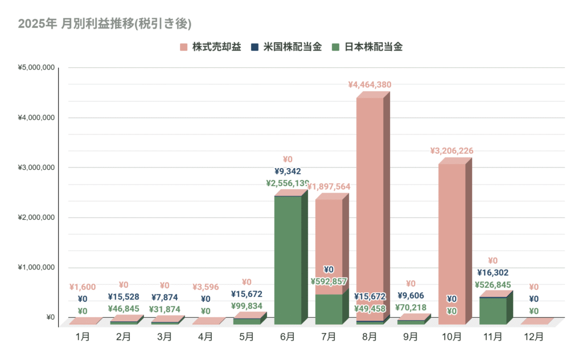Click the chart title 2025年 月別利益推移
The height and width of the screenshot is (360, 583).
pyautogui.click(x=104, y=24)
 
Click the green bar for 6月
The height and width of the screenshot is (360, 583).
pyautogui.click(x=288, y=260)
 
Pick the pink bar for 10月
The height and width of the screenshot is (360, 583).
pyautogui.click(x=451, y=239)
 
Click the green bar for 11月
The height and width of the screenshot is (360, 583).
pyautogui.click(x=492, y=310)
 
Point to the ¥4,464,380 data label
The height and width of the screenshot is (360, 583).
pyautogui.click(x=369, y=85)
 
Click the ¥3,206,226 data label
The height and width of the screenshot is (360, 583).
pyautogui.click(x=451, y=151)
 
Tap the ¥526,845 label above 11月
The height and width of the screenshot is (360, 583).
pyautogui.click(x=492, y=285)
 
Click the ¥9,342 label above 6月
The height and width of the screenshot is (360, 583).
pyautogui.click(x=288, y=171)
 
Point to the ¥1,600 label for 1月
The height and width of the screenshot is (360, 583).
pyautogui.click(x=83, y=287)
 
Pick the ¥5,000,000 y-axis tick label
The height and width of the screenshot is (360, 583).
pyautogui.click(x=36, y=68)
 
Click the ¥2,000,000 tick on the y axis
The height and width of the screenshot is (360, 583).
pyautogui.click(x=36, y=218)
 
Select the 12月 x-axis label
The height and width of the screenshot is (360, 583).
pyautogui.click(x=533, y=337)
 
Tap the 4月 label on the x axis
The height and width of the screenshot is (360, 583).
pyautogui.click(x=206, y=337)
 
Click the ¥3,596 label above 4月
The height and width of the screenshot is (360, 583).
pyautogui.click(x=206, y=287)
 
